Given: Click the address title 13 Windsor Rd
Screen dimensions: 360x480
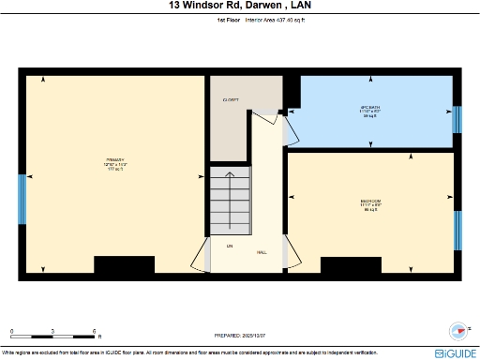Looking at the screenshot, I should tap(239, 6).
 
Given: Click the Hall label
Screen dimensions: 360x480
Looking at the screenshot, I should tap(262, 252).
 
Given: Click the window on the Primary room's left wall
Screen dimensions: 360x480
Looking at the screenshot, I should tap(22, 199).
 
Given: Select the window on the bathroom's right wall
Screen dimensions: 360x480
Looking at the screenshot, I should tap(457, 119).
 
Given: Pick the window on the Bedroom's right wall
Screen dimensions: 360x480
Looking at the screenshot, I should tap(458, 231).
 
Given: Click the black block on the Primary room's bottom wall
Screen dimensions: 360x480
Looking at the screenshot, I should tap(124, 265).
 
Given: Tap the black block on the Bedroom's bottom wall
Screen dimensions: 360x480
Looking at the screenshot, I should tap(351, 265).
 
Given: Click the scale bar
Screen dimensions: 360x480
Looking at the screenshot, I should tap(53, 336).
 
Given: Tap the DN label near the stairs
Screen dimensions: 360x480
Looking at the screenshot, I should tap(229, 246).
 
